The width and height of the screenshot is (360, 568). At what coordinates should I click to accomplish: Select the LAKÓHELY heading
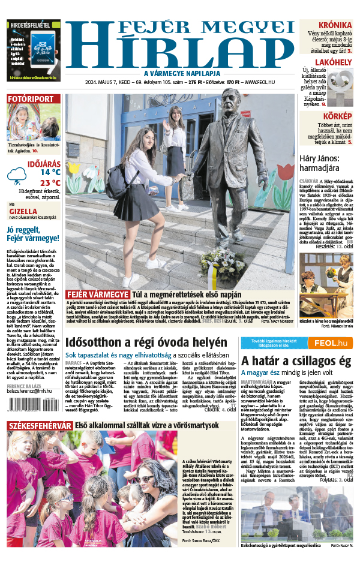point(332,62)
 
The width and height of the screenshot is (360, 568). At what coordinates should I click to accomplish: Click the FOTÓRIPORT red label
point(30,99)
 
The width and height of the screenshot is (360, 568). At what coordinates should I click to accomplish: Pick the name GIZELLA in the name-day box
point(23,211)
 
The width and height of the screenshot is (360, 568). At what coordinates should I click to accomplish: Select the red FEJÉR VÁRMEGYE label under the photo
point(97,294)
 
